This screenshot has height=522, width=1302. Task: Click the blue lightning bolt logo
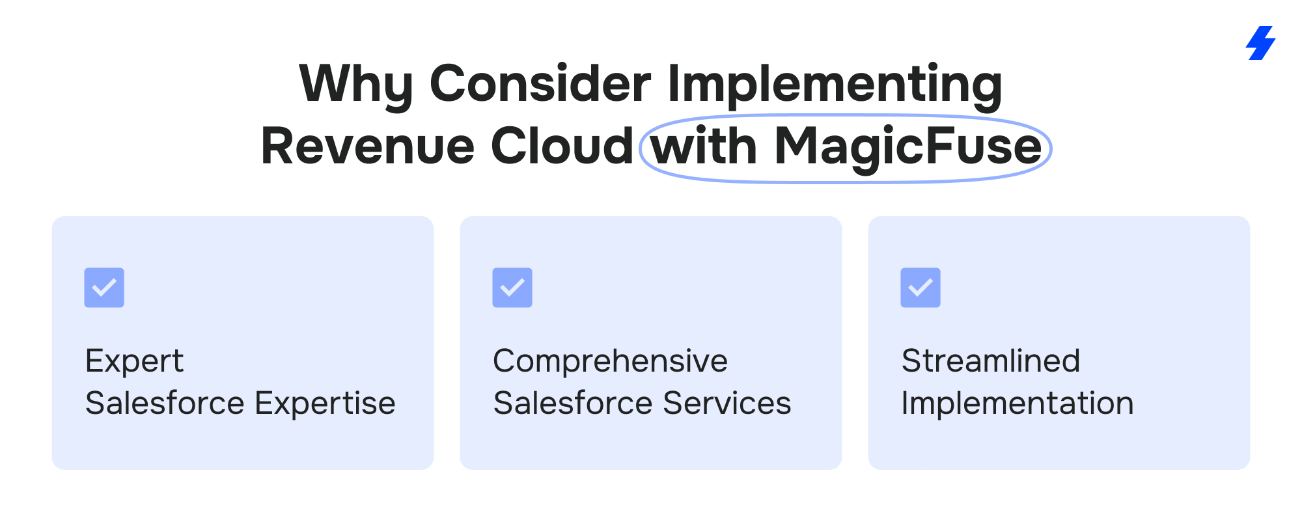[1261, 43]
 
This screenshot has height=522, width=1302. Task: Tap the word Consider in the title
[540, 83]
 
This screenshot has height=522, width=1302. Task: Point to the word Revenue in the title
[367, 146]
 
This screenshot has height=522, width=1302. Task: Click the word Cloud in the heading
[562, 145]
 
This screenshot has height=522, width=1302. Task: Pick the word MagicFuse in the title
[908, 148]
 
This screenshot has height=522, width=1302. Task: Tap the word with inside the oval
[704, 145]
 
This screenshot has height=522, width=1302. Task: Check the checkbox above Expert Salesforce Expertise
[104, 288]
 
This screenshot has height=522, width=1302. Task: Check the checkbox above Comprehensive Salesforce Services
[512, 288]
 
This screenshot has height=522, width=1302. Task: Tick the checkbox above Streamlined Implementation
[921, 288]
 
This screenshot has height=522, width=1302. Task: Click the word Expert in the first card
[135, 362]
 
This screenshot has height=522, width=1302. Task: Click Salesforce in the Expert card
[165, 403]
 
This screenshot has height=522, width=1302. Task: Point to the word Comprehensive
[611, 362]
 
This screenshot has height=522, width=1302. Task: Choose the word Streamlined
[991, 361]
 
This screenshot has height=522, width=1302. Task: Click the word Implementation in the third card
[1018, 404]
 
